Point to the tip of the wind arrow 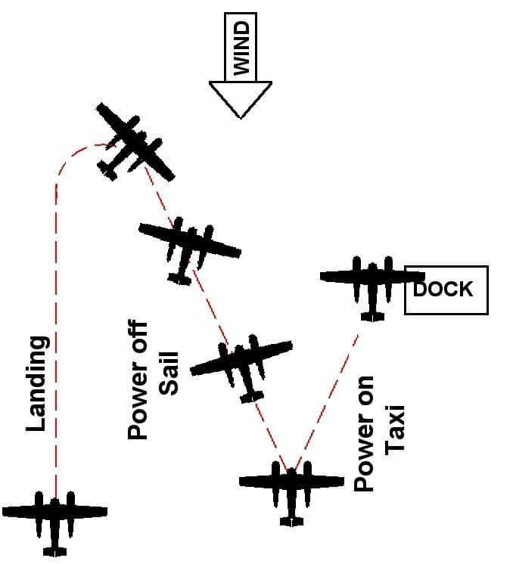[x=240, y=116]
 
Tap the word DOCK [x=444, y=289]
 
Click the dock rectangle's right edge [x=487, y=290]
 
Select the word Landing [x=38, y=383]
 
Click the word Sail [x=168, y=373]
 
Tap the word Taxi [x=395, y=429]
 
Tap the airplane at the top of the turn [x=134, y=144]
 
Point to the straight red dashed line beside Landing [x=55, y=340]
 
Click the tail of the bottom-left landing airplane [x=54, y=550]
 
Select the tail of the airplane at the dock [x=370, y=313]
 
